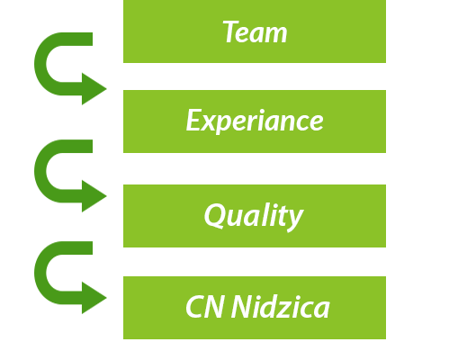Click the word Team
pyautogui.click(x=255, y=31)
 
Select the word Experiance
pyautogui.click(x=255, y=121)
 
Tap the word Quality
pyautogui.click(x=254, y=216)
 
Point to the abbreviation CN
pyautogui.click(x=204, y=306)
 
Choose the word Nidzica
pyautogui.click(x=281, y=306)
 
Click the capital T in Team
pyautogui.click(x=231, y=31)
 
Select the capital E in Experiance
pyautogui.click(x=193, y=120)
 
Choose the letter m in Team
pyautogui.click(x=275, y=34)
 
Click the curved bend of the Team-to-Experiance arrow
pyautogui.click(x=40, y=64)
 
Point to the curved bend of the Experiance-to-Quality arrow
pyautogui.click(x=40, y=171)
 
